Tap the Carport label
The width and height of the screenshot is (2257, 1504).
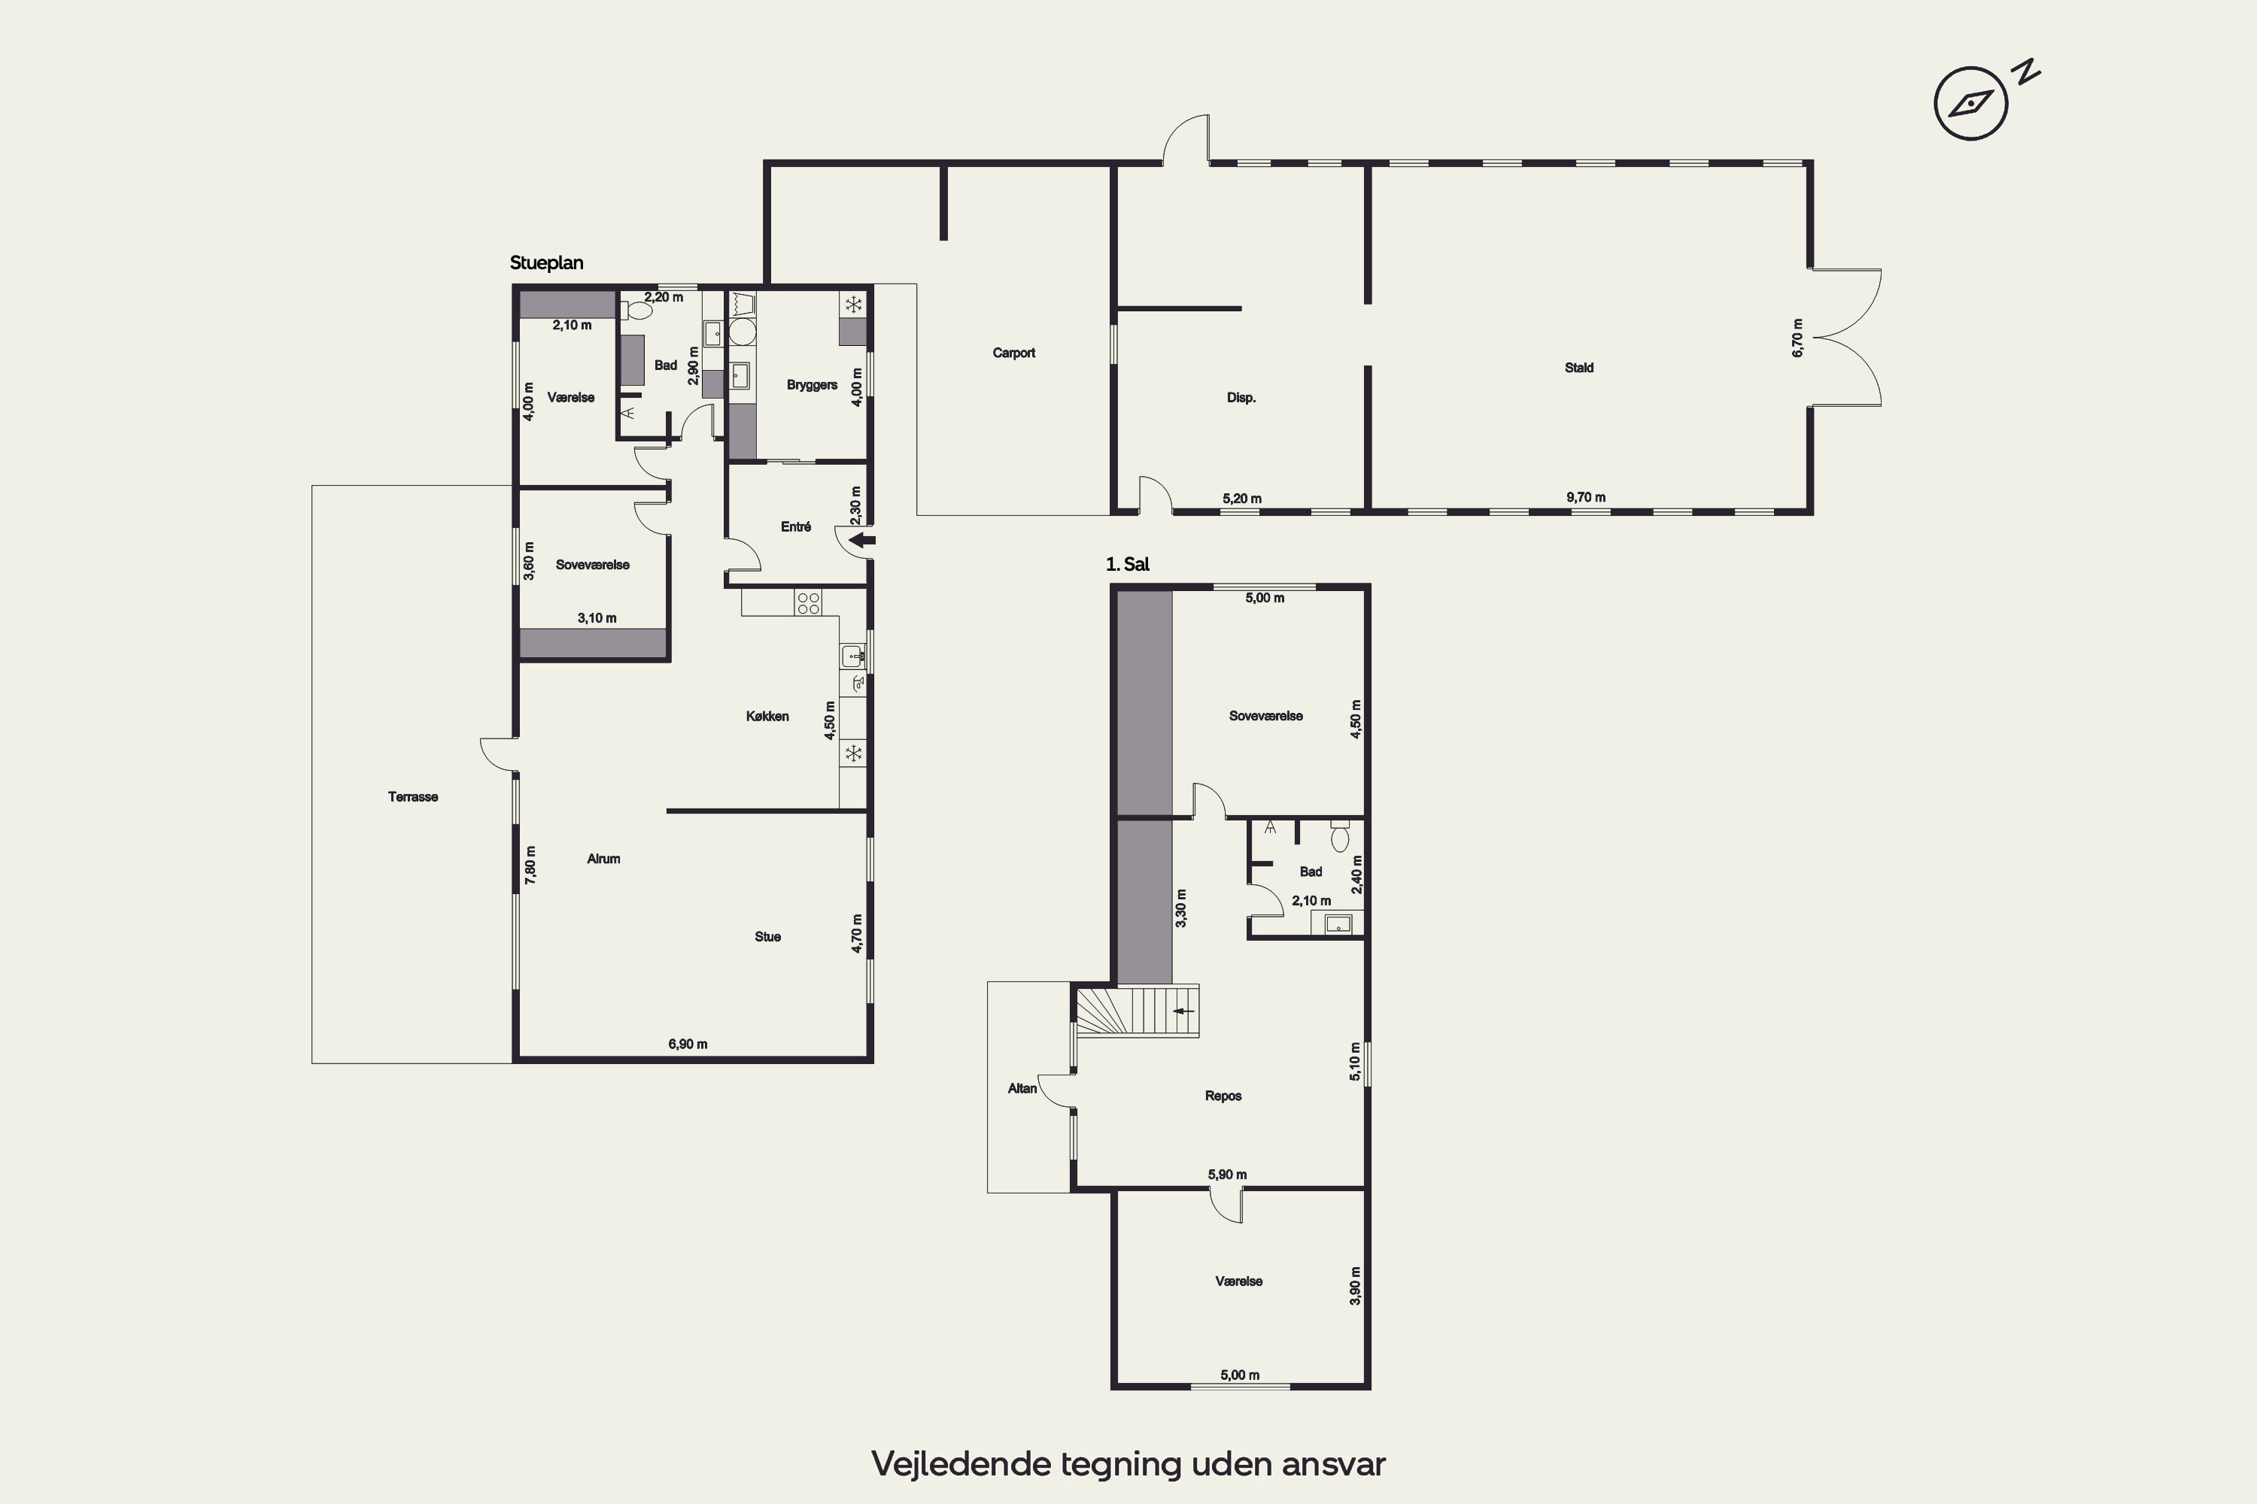click(x=1013, y=353)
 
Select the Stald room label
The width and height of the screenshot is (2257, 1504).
click(x=1578, y=368)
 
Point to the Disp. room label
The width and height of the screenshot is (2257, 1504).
click(x=1241, y=397)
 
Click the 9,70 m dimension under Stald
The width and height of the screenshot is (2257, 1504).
click(x=1586, y=497)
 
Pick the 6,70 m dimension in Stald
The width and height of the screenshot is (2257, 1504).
click(x=1797, y=338)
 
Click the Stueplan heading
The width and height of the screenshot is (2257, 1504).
click(x=546, y=262)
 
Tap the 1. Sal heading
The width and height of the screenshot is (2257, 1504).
click(x=1128, y=564)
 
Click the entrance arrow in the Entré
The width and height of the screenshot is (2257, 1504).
click(x=863, y=540)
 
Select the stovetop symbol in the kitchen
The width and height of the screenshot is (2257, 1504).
click(x=808, y=602)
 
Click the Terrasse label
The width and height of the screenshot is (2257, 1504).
click(x=412, y=797)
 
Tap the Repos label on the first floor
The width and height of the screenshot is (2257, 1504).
click(x=1223, y=1096)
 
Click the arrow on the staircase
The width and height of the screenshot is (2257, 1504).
click(x=1184, y=1011)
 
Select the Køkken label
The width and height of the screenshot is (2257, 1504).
click(x=767, y=717)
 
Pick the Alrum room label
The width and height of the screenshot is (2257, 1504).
click(x=603, y=859)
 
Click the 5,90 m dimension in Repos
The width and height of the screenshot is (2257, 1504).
click(x=1227, y=1174)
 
